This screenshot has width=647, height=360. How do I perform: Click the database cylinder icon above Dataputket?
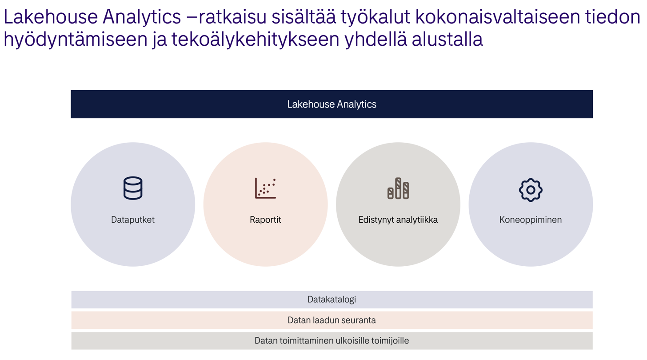click(x=132, y=188)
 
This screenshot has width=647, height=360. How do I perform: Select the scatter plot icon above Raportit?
click(x=265, y=188)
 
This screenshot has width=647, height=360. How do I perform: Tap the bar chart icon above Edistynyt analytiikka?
click(x=398, y=188)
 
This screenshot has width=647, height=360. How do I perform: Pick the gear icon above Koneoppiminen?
click(x=531, y=190)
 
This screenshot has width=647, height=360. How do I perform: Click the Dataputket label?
click(x=132, y=220)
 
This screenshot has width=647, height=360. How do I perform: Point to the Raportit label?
click(x=265, y=220)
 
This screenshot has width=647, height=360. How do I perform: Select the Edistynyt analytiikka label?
click(x=398, y=220)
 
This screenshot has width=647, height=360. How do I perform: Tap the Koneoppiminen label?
click(x=530, y=220)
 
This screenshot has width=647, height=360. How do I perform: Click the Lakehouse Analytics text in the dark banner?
click(x=331, y=104)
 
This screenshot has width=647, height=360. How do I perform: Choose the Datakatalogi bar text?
click(x=331, y=300)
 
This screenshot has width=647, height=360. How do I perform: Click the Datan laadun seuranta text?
click(x=331, y=320)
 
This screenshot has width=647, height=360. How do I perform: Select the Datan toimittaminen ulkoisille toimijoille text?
click(x=331, y=341)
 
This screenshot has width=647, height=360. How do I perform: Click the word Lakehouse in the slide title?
click(x=50, y=17)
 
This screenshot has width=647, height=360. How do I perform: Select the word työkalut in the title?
click(x=374, y=17)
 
